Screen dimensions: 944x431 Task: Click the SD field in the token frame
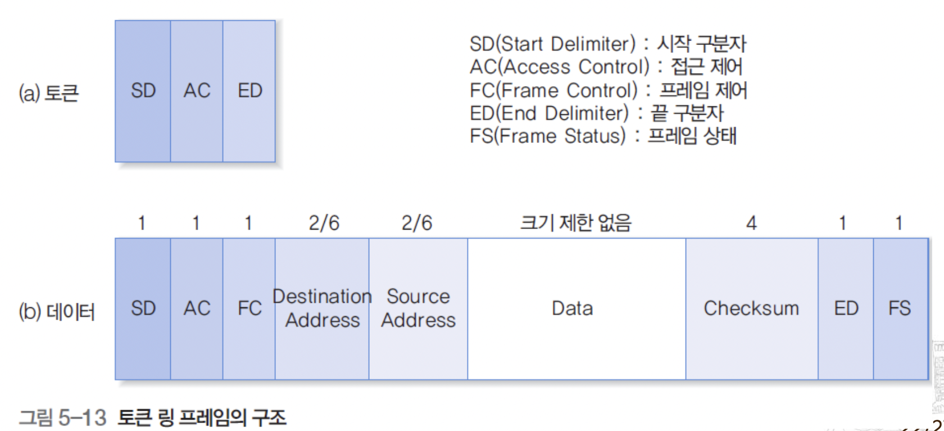pos(143,91)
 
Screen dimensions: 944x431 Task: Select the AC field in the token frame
pos(197,91)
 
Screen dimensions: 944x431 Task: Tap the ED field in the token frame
pos(249,91)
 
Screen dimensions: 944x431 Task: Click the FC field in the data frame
pos(249,308)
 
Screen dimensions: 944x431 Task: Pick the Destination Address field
pos(322,308)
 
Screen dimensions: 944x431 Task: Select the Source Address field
pos(418,308)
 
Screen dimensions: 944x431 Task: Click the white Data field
pos(572,308)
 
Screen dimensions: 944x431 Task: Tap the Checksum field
pos(751,308)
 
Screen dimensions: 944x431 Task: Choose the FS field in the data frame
pos(900,308)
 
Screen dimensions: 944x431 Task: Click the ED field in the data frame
pos(846,308)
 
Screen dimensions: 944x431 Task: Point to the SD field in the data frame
pos(143,308)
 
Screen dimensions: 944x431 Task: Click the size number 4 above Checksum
pos(751,223)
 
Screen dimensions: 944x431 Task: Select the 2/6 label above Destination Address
pos(324,223)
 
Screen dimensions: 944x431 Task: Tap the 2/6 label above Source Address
pos(417,223)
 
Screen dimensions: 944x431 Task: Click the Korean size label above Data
pos(575,223)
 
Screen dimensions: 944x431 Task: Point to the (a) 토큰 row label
pos(49,93)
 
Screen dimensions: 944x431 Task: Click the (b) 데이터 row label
pos(57,311)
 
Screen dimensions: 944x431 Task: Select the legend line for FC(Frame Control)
pos(609,90)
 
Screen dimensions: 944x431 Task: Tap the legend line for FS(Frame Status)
pos(603,136)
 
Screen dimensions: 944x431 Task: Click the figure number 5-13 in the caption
pos(82,417)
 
